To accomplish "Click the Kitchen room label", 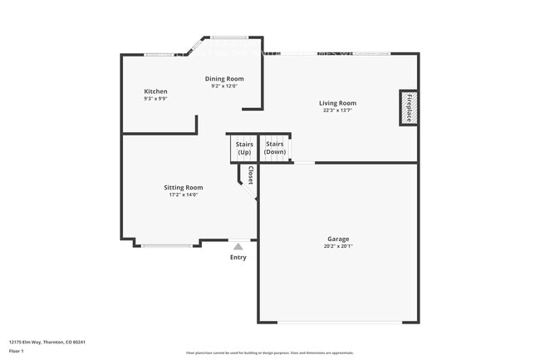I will [155, 91].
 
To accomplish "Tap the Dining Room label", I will [224, 78].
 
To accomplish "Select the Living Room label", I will [337, 103].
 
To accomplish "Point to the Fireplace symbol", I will [408, 107].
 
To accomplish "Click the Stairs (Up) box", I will [243, 149].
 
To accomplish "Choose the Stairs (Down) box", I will [275, 148].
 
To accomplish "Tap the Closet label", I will [250, 175].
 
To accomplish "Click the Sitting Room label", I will [183, 188].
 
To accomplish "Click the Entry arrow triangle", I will [238, 246].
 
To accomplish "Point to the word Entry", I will [238, 257].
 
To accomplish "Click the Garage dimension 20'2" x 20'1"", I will [338, 246].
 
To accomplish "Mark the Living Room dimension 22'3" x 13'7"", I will [337, 111].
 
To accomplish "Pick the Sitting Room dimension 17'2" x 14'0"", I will [183, 195].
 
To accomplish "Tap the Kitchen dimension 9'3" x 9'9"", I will [155, 99].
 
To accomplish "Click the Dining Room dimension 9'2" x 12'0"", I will [224, 86].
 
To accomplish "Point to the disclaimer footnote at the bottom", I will [269, 353].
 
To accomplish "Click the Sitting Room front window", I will [167, 245].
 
